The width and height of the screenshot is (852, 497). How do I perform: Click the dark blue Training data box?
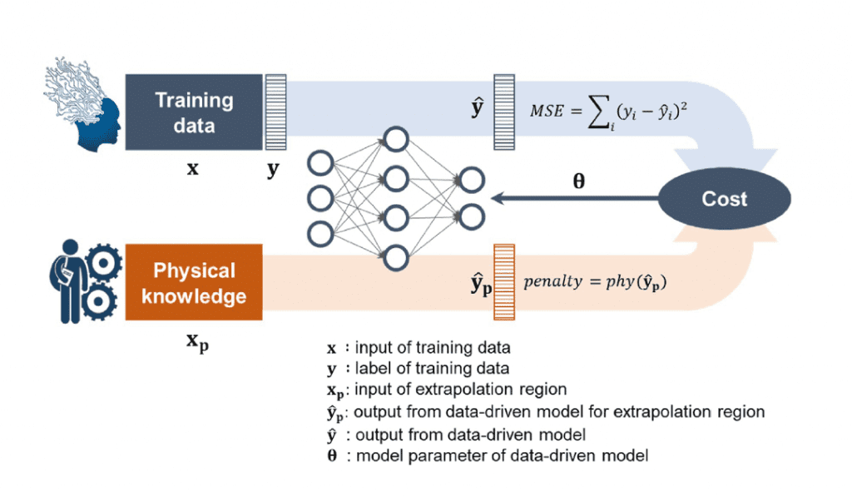pyautogui.click(x=194, y=112)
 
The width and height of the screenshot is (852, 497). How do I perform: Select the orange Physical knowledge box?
pyautogui.click(x=194, y=282)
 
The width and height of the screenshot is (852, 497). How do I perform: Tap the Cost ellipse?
pyautogui.click(x=725, y=198)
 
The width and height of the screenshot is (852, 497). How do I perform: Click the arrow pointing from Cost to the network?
pyautogui.click(x=575, y=198)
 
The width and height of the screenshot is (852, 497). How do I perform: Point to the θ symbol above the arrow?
pyautogui.click(x=579, y=181)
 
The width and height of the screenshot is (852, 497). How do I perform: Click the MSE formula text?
pyautogui.click(x=608, y=113)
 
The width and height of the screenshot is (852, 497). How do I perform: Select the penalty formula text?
pyautogui.click(x=595, y=281)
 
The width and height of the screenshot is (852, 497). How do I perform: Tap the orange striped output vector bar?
pyautogui.click(x=504, y=282)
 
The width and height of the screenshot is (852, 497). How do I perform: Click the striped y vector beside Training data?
pyautogui.click(x=275, y=112)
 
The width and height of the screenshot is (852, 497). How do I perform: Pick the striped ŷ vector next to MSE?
pyautogui.click(x=504, y=112)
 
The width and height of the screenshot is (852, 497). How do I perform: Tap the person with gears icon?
pyautogui.click(x=86, y=281)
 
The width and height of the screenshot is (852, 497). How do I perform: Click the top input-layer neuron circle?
pyautogui.click(x=320, y=163)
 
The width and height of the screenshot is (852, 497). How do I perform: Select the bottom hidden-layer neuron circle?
pyautogui.click(x=395, y=258)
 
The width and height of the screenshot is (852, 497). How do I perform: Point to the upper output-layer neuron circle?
pyautogui.click(x=471, y=180)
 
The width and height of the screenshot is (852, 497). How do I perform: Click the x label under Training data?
pyautogui.click(x=193, y=168)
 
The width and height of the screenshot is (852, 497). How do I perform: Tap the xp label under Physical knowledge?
pyautogui.click(x=197, y=342)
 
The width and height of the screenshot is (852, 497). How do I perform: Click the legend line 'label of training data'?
pyautogui.click(x=419, y=368)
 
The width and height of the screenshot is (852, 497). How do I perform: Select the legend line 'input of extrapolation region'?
pyautogui.click(x=447, y=390)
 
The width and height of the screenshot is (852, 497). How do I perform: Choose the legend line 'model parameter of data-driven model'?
pyautogui.click(x=488, y=455)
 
